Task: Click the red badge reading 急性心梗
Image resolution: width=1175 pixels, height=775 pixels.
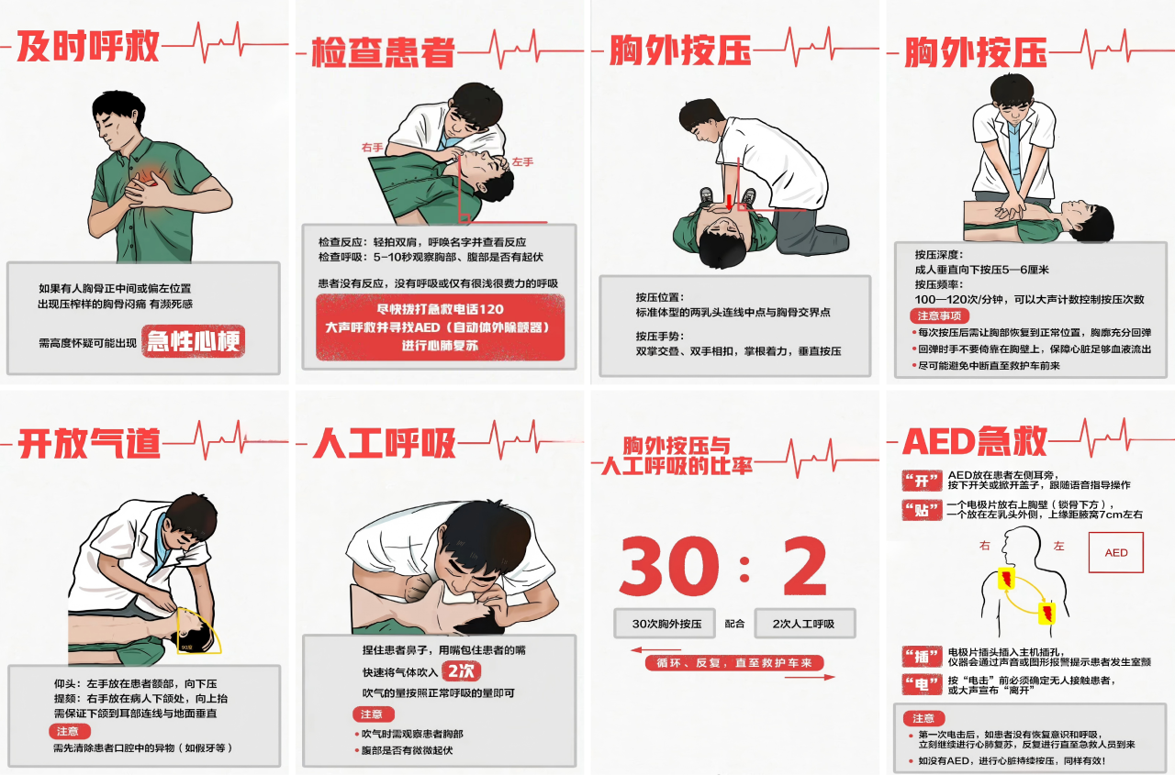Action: [193, 341]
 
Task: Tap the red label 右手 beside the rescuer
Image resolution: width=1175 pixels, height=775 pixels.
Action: [372, 148]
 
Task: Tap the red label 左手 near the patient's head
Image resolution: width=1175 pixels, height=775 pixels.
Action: [522, 162]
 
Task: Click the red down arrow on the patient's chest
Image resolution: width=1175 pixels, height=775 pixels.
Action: [729, 203]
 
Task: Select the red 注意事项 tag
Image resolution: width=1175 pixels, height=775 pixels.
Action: [939, 316]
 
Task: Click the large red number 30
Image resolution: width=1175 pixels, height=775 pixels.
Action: [669, 566]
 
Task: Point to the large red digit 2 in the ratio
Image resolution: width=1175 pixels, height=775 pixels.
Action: [805, 566]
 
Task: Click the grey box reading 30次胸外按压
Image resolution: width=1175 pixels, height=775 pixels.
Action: [665, 624]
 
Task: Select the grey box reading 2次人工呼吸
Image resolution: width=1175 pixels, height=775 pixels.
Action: [805, 624]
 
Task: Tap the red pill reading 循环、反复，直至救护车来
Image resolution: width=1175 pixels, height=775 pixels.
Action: [734, 663]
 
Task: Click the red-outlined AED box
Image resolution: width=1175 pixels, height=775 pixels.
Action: [1115, 552]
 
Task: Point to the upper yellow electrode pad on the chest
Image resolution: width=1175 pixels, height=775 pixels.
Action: [1006, 579]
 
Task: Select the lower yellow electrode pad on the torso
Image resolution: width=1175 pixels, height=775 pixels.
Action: [1047, 614]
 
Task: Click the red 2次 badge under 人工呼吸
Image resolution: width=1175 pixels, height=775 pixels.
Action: [461, 671]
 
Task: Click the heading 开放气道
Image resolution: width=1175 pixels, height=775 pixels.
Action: [89, 444]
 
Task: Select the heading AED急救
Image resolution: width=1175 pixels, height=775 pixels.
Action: [975, 441]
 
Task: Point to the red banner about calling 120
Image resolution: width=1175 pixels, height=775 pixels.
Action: [440, 327]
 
